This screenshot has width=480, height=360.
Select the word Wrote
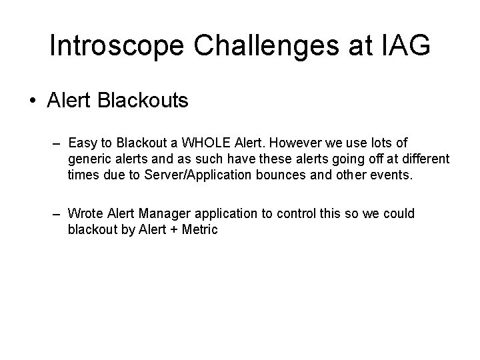coord(85,213)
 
